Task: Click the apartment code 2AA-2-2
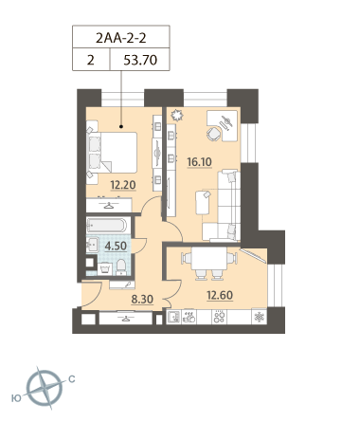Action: tap(121, 38)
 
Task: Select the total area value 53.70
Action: tap(140, 60)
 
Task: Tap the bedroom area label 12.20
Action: tap(123, 185)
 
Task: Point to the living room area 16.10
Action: tap(199, 162)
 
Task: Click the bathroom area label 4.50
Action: tap(116, 246)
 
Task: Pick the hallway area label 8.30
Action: tap(142, 299)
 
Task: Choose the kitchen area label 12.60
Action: tap(220, 295)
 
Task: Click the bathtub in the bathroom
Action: tap(107, 226)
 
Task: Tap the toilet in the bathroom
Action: tap(121, 267)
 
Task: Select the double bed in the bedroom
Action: tap(112, 152)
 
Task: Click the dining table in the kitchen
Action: tap(209, 258)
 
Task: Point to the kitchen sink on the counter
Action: tap(173, 317)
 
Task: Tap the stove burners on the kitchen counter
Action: tap(219, 317)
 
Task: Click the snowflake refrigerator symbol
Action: tap(259, 317)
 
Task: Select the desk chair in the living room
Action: tap(214, 134)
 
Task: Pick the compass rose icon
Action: tap(45, 388)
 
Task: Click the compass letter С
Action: tap(72, 378)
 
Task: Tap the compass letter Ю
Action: tap(16, 398)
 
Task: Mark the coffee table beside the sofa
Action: tap(203, 202)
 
